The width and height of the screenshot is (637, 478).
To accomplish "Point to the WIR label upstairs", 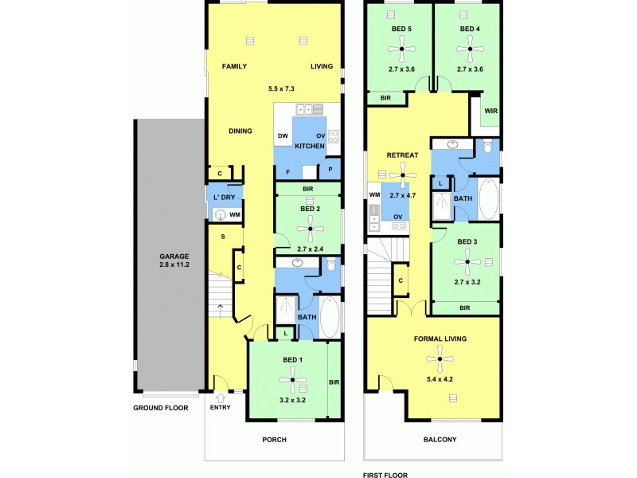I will point(490,111).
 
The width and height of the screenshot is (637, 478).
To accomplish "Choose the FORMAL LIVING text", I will point(440,339).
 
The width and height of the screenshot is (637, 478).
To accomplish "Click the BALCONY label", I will point(440,440).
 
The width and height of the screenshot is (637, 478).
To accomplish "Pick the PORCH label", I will point(274,440).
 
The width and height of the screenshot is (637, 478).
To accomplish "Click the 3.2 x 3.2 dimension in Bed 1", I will point(292,400).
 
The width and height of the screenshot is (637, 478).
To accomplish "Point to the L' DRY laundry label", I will point(224,197).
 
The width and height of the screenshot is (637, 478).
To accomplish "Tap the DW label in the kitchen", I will point(283,136).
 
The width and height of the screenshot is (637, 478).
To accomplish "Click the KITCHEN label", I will point(310,147).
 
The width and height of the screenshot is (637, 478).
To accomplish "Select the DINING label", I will point(240,131).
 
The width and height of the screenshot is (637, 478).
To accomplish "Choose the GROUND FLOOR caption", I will point(161,407).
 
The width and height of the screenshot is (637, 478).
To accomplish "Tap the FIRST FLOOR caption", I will point(385,475).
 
